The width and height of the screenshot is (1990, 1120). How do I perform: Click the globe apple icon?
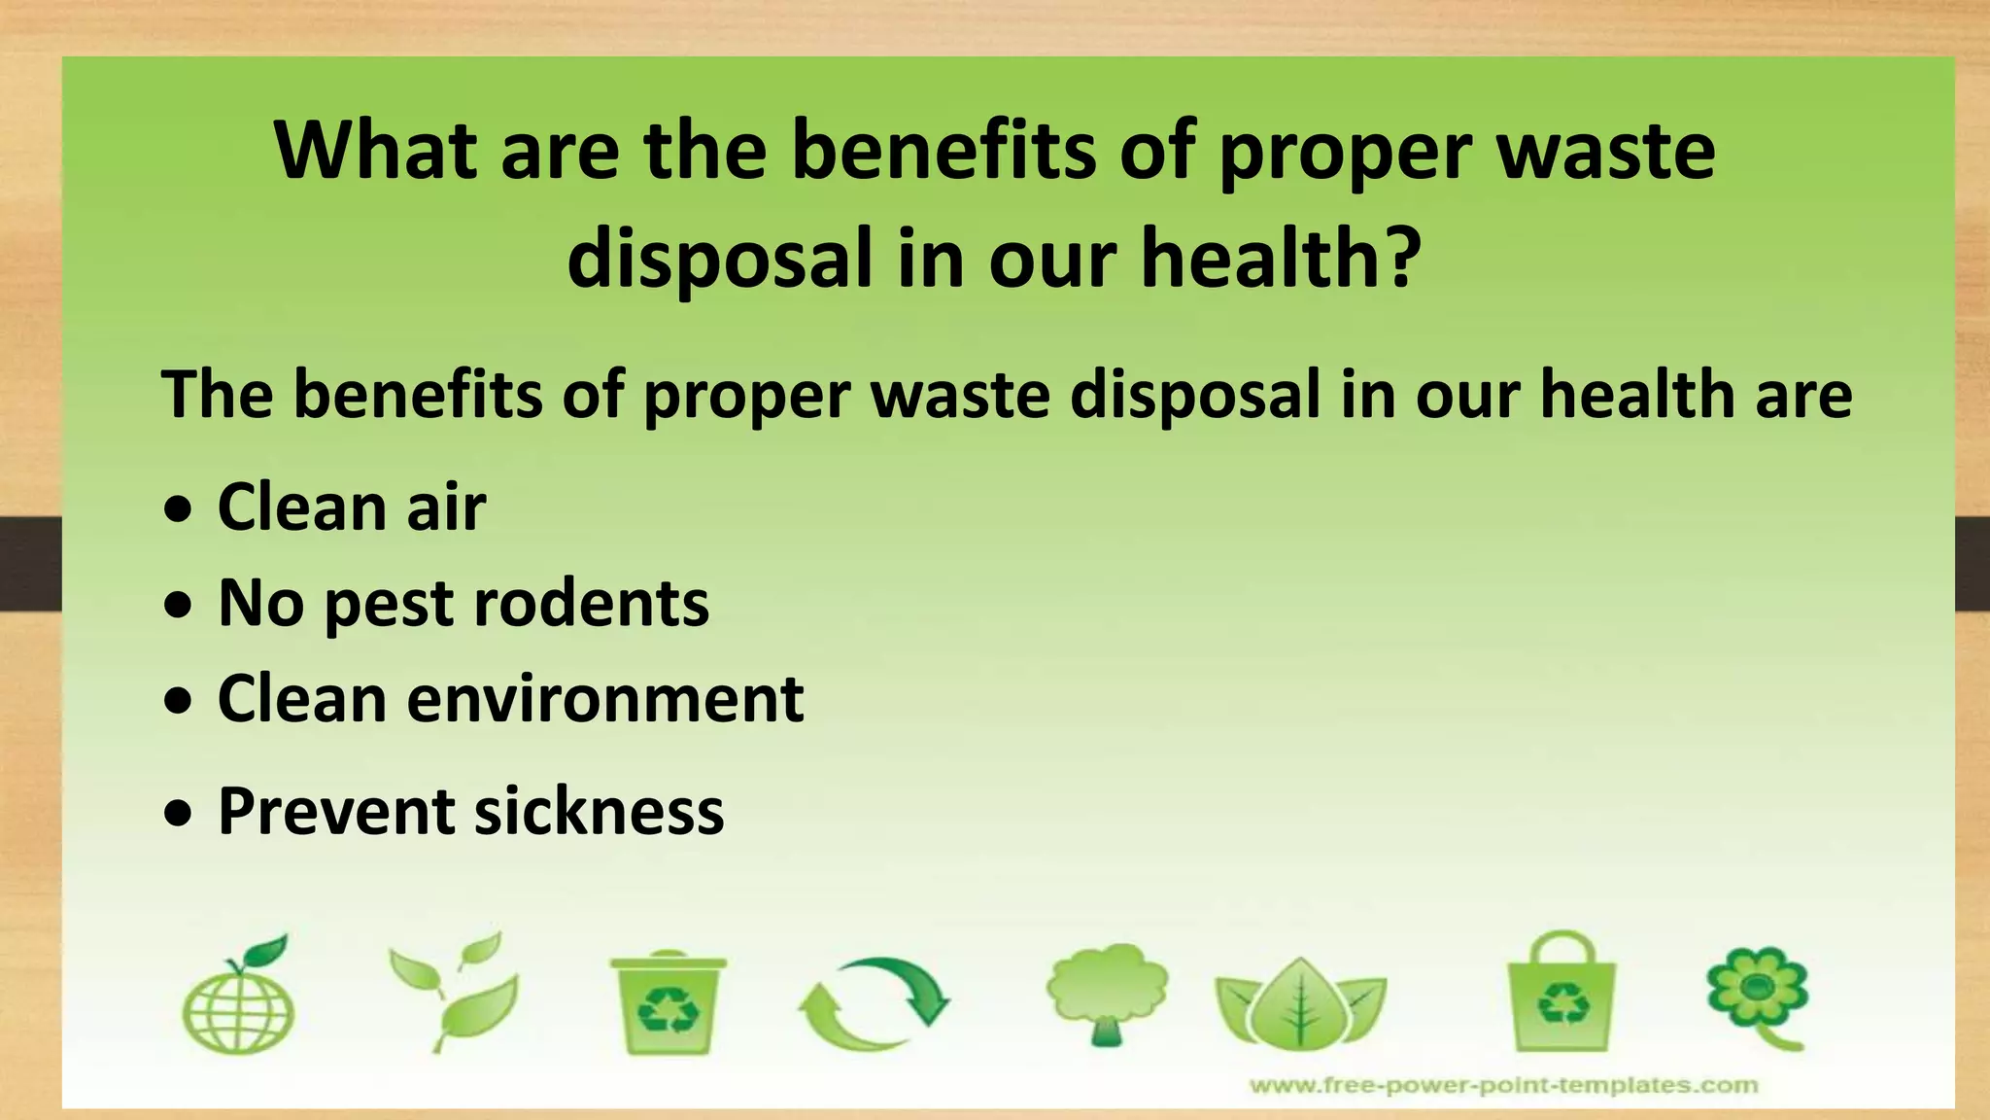(239, 997)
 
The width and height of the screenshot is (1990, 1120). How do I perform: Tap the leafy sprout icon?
(455, 992)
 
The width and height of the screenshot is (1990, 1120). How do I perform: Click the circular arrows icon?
(873, 1003)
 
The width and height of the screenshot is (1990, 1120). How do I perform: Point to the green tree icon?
(1107, 992)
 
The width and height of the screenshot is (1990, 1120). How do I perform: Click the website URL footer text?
(1503, 1085)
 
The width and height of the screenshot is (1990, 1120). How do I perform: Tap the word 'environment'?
(605, 699)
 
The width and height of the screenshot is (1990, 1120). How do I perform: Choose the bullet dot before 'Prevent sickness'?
(178, 815)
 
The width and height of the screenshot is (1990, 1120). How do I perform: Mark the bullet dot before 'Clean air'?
(178, 510)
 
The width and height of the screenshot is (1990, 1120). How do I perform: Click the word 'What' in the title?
(375, 151)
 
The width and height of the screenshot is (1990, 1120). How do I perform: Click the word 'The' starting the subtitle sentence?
(218, 395)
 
